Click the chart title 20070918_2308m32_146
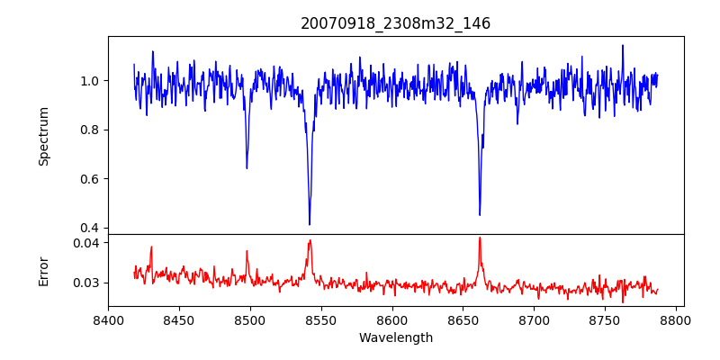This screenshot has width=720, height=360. coord(395,23)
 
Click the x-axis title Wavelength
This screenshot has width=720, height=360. coord(395,337)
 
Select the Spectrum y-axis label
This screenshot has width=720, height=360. coord(44,136)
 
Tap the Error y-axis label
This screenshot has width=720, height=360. coord(44,270)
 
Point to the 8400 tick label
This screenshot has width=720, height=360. coord(108,319)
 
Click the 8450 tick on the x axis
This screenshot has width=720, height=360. coord(179,319)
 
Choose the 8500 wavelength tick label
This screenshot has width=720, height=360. coord(250,319)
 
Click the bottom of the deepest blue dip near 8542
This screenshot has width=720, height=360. coord(310,224)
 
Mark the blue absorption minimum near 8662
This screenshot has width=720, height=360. coord(480,215)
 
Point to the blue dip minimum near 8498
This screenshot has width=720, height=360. coord(247,168)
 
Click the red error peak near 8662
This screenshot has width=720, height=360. coord(480,238)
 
